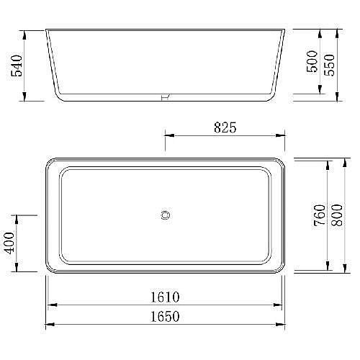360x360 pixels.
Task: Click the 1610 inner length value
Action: (165, 297)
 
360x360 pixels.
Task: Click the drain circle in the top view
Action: (166, 214)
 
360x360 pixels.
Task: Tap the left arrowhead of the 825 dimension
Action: (168, 135)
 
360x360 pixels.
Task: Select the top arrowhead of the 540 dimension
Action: (26, 32)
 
